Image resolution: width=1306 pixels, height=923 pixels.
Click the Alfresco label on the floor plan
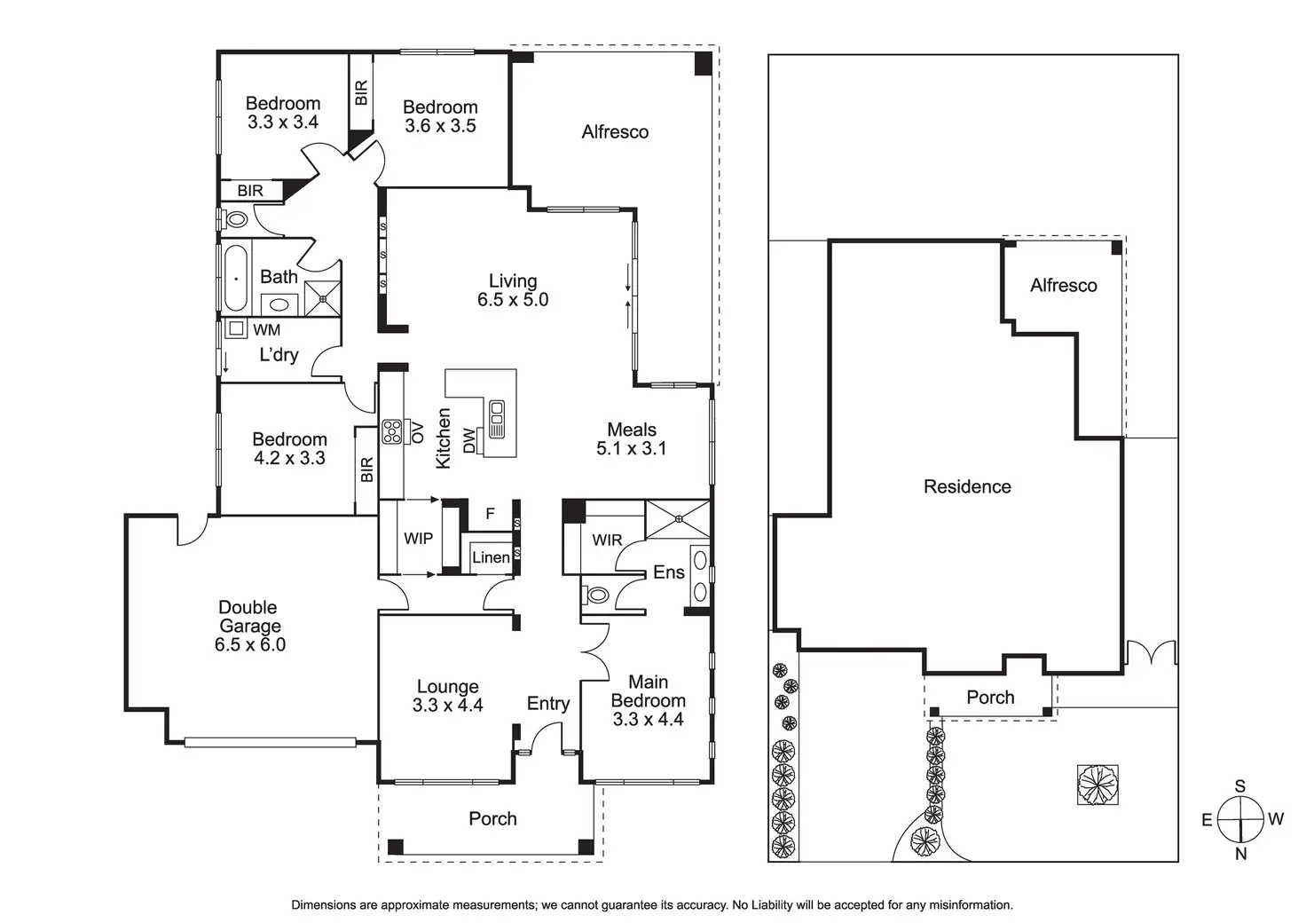pyautogui.click(x=615, y=132)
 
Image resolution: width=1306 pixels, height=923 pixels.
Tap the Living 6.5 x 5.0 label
pyautogui.click(x=513, y=290)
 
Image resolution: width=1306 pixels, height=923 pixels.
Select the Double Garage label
pyautogui.click(x=249, y=626)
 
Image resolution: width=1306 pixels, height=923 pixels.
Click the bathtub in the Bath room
pyautogui.click(x=236, y=278)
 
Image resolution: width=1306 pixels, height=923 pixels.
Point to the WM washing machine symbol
pyautogui.click(x=236, y=328)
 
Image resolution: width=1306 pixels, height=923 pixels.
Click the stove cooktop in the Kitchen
pyautogui.click(x=391, y=432)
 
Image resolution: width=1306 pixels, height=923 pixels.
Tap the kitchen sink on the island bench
pyautogui.click(x=497, y=419)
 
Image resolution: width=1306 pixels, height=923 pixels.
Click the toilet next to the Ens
pyautogui.click(x=597, y=594)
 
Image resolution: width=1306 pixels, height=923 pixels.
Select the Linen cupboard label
pyautogui.click(x=491, y=557)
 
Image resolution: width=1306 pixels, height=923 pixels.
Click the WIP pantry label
pyautogui.click(x=418, y=538)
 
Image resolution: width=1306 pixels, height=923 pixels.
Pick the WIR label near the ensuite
pyautogui.click(x=607, y=540)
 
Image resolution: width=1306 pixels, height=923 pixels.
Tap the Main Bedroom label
pyautogui.click(x=648, y=700)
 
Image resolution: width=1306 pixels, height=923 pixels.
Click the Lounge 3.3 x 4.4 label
pyautogui.click(x=447, y=696)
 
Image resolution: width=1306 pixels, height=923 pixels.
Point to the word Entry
pyautogui.click(x=547, y=704)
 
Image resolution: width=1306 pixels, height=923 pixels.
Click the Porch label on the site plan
pyautogui.click(x=990, y=698)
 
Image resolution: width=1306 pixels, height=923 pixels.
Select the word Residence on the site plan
pyautogui.click(x=967, y=486)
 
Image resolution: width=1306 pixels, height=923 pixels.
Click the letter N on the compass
pyautogui.click(x=1240, y=854)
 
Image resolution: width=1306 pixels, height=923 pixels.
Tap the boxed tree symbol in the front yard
pyautogui.click(x=1098, y=785)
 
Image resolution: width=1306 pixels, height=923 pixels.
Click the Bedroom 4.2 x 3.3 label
pyautogui.click(x=289, y=448)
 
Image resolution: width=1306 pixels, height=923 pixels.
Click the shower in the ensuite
pyautogui.click(x=678, y=519)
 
